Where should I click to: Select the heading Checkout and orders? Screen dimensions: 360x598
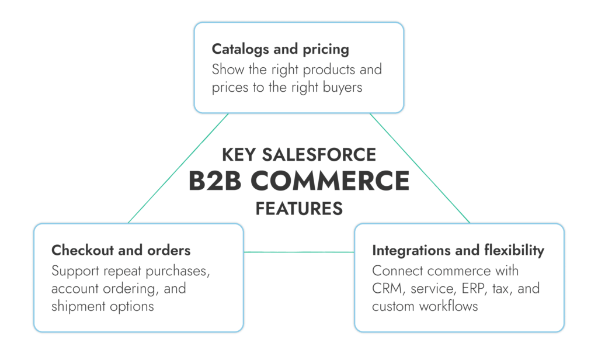121,250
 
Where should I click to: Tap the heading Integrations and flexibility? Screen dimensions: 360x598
458,250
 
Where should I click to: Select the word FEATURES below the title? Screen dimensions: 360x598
298,208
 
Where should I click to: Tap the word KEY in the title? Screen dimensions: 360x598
239,155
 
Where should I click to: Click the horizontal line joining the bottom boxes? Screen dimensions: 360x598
298,252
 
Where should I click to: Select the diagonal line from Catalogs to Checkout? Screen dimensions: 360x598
178,168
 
